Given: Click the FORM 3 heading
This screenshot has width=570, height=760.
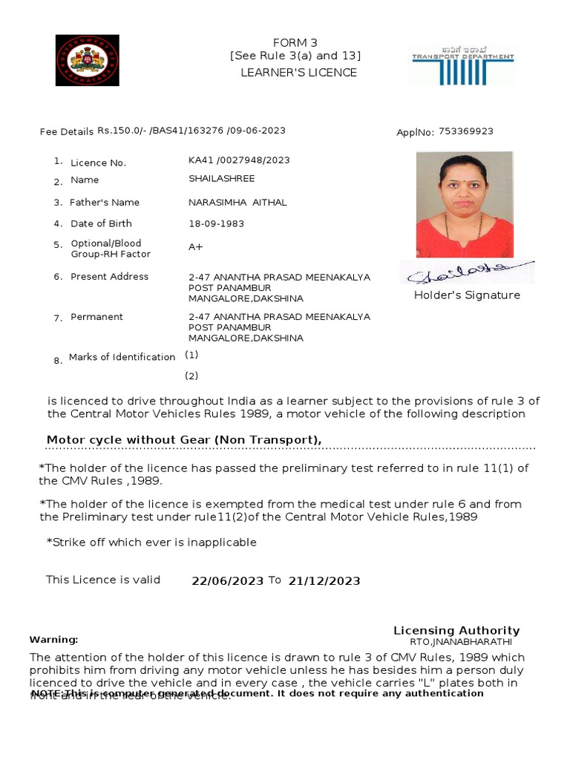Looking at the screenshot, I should point(295,43).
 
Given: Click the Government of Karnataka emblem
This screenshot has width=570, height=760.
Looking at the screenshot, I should point(87,60).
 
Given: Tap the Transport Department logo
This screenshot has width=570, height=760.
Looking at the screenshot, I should point(463,66).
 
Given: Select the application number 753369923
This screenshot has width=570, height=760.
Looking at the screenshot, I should point(465,131).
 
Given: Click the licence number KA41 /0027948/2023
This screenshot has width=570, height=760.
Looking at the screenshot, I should point(239,160).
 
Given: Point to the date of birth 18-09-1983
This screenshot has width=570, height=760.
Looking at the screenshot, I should point(216,223).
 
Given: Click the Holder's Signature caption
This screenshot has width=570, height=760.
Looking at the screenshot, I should point(467,295).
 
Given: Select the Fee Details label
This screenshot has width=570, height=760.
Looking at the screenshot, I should point(67,132).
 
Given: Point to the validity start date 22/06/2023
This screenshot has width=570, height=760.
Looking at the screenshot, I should point(227,581).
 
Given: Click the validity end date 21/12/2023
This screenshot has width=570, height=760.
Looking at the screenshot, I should point(324,581).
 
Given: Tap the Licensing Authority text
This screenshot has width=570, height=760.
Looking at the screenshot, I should point(456,630).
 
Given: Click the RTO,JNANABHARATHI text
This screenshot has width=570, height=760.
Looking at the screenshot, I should point(460,642).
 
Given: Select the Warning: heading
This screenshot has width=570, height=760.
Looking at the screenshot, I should point(53,640).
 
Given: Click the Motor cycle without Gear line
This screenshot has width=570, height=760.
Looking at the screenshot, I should point(184,440).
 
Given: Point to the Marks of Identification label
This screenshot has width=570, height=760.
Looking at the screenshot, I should point(122,357).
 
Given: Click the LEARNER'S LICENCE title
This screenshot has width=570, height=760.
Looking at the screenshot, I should point(298,73).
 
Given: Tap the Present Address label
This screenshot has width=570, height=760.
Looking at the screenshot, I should point(109,277).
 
